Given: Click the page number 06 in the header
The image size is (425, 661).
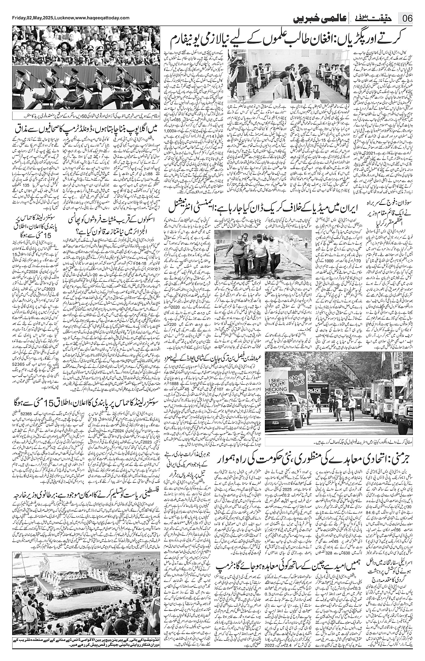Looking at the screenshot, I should pyautogui.click(x=407, y=19).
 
